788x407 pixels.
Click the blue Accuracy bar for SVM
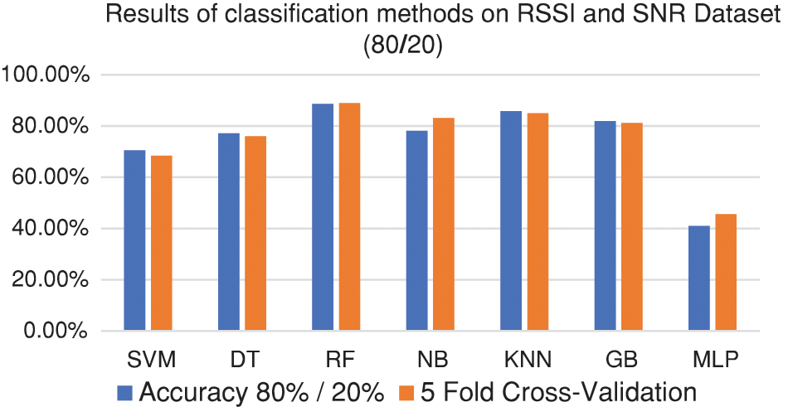pyautogui.click(x=134, y=240)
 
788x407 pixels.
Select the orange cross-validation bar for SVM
pyautogui.click(x=161, y=244)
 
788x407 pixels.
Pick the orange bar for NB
pyautogui.click(x=443, y=225)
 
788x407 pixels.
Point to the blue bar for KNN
pyautogui.click(x=511, y=221)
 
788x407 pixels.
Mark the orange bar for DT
pyautogui.click(x=255, y=234)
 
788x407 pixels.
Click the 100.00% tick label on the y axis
pyautogui.click(x=46, y=75)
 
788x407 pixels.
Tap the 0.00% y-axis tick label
pyautogui.click(x=56, y=331)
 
